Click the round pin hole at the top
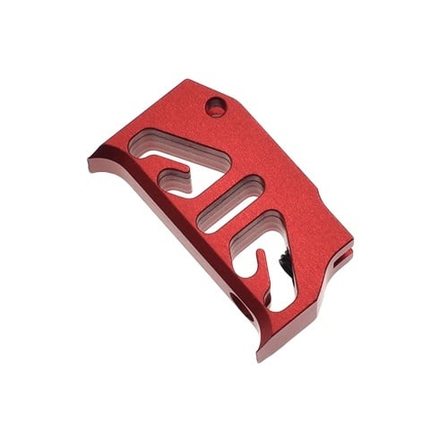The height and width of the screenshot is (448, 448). (214, 108)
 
